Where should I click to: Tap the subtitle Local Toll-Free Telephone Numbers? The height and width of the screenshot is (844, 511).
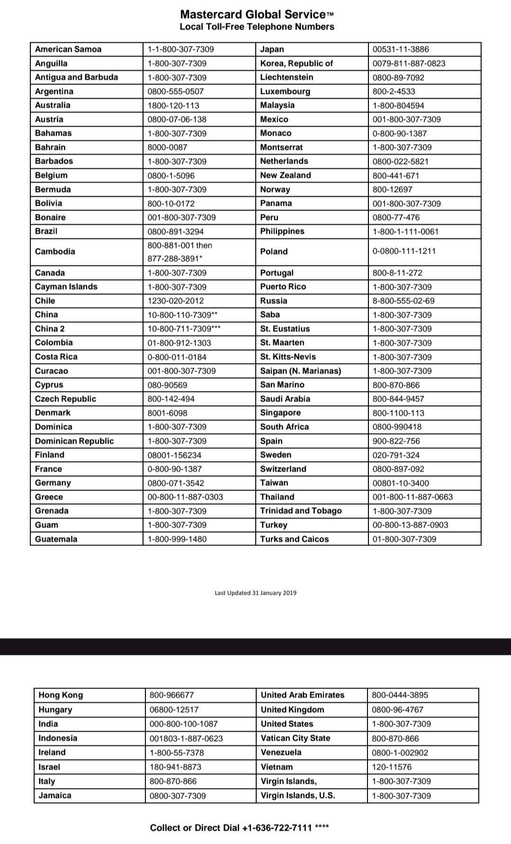click(257, 27)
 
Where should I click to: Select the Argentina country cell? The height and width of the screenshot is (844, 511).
click(54, 91)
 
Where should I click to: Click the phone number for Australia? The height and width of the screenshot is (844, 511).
click(173, 106)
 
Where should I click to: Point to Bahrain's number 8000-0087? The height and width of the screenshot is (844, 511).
click(167, 147)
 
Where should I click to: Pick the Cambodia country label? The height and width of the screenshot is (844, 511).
click(55, 252)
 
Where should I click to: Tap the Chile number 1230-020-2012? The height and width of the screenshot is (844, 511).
click(176, 301)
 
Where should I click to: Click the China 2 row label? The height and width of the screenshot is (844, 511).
click(50, 329)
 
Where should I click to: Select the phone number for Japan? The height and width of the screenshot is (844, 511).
click(401, 49)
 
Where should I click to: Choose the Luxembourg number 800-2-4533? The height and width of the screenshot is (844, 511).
click(394, 91)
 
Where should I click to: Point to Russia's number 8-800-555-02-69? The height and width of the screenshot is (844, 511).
click(403, 301)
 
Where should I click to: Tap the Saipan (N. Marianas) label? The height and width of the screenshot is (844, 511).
click(300, 371)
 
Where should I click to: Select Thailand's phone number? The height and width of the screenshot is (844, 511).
click(412, 497)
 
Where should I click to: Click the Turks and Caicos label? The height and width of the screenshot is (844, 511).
click(294, 539)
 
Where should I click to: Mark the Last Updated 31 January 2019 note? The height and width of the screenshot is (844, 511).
click(255, 593)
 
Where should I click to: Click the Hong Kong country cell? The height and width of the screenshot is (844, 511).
click(61, 695)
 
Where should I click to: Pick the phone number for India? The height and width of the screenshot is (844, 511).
click(184, 724)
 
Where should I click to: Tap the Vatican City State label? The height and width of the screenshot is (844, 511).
click(296, 738)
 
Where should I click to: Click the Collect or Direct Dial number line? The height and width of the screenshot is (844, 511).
click(239, 828)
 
